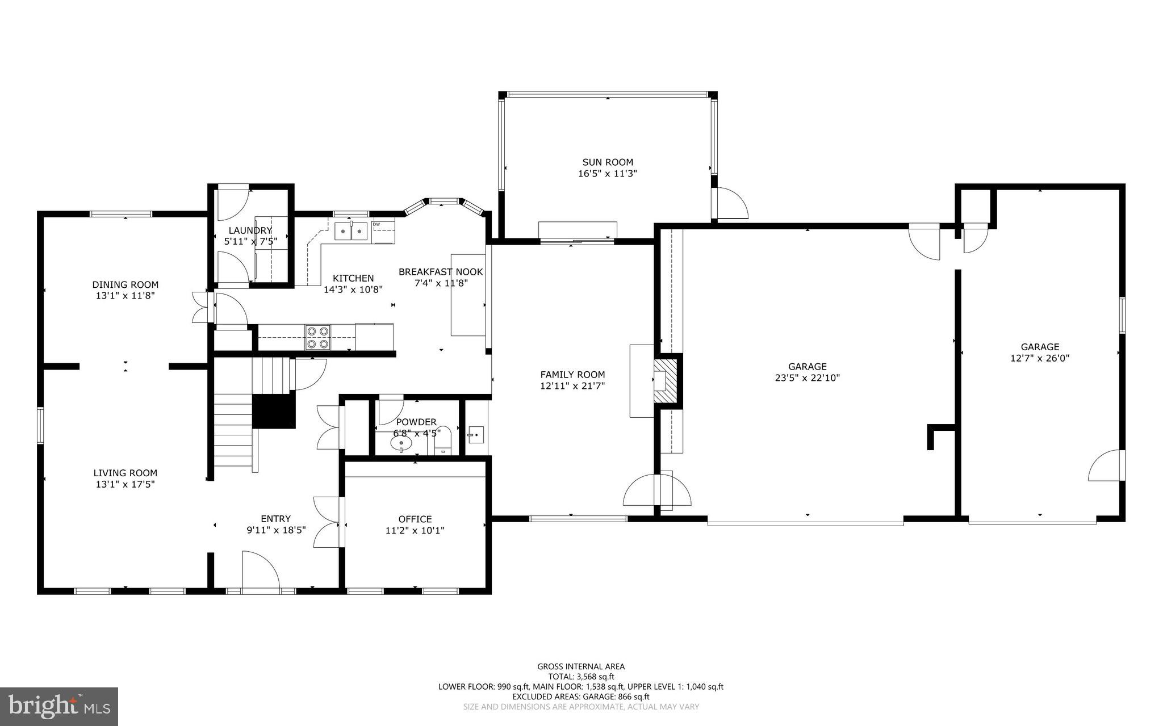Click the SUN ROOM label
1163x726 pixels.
pos(607,162)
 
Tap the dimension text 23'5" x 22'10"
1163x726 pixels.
pos(807,378)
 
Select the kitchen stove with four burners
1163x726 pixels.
pos(317,337)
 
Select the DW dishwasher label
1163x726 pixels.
pos(376,224)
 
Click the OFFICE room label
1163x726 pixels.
pos(415,519)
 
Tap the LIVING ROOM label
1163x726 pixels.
pos(125,473)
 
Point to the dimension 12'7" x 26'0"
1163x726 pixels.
pos(1040,359)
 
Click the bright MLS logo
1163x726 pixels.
pos(59,706)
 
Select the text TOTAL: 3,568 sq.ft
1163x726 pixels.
pos(581,677)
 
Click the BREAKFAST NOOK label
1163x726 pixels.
pos(441,272)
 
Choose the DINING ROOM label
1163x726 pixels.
pos(125,284)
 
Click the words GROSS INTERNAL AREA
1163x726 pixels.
pos(581,666)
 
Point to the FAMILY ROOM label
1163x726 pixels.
pos(572,375)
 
